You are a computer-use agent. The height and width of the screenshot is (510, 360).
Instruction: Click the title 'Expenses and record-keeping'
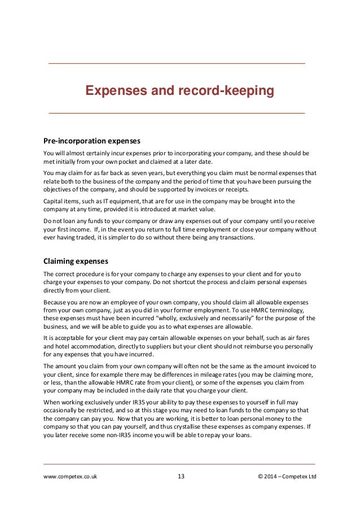click(x=179, y=91)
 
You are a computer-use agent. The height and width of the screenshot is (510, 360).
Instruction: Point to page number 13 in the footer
click(x=181, y=477)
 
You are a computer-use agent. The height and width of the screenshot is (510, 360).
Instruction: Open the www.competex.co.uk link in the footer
click(x=70, y=477)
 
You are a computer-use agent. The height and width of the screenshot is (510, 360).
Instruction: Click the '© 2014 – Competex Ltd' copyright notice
click(x=287, y=477)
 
